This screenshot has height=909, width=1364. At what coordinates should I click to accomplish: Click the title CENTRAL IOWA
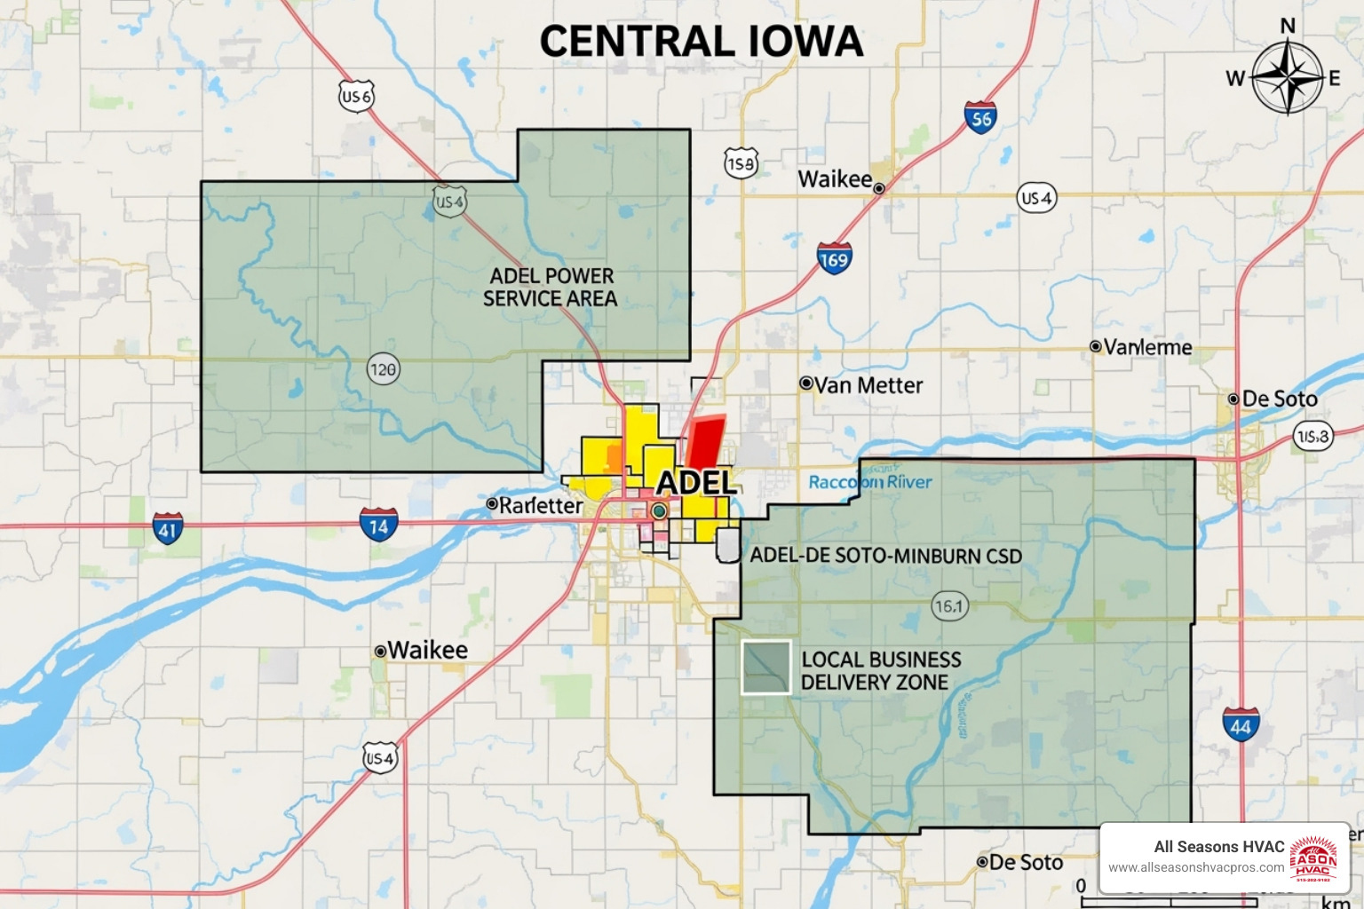(x=702, y=42)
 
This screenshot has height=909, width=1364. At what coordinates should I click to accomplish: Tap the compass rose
(x=1286, y=77)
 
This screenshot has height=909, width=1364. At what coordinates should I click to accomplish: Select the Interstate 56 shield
(x=980, y=118)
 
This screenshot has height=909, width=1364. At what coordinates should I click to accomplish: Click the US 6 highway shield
(x=356, y=96)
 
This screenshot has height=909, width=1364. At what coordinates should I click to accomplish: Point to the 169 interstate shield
(x=834, y=258)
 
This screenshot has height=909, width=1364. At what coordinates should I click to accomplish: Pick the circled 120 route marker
(x=384, y=369)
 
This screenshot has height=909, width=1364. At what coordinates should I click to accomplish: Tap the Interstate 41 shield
(x=167, y=528)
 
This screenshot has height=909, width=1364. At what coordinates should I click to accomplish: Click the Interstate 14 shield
(x=378, y=525)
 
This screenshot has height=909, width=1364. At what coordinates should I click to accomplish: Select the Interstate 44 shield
(x=1241, y=725)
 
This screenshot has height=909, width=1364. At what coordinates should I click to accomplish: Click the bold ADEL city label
(x=696, y=483)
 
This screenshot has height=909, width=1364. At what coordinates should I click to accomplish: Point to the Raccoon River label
(x=870, y=482)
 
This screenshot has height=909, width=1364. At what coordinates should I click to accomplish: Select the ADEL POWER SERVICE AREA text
(x=551, y=288)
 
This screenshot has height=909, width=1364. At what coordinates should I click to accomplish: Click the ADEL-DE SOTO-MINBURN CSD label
(x=885, y=556)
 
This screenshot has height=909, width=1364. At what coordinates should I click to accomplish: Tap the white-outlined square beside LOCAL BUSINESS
(x=765, y=667)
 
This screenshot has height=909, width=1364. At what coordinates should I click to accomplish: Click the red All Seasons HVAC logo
(x=1312, y=858)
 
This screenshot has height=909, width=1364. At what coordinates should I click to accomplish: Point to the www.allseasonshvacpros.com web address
(x=1196, y=867)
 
